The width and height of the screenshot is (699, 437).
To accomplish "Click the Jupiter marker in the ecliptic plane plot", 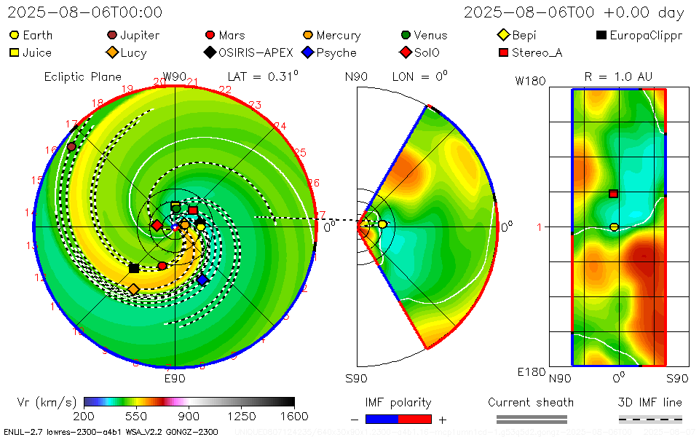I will tap(71, 146).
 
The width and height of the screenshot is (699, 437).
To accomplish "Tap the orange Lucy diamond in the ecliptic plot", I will tap(133, 289).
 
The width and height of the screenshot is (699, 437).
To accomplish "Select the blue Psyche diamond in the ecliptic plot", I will tap(202, 279).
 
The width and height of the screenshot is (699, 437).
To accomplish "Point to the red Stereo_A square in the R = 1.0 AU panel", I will tap(614, 194).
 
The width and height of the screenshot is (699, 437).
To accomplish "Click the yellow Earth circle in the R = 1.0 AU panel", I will tap(614, 227).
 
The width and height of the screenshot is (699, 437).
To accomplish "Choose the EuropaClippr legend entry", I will tap(640, 35).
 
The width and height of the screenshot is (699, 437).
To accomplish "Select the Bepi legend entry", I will tap(518, 35).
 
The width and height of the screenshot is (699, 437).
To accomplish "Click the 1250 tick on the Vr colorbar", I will tap(242, 416).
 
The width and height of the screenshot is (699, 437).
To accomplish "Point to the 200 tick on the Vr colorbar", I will tap(84, 416).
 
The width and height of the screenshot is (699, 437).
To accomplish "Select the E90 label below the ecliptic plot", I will tap(175, 379).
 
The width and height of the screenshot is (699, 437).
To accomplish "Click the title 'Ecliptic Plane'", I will tap(73, 76).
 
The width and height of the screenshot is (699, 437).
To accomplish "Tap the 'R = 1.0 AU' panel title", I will tap(618, 76).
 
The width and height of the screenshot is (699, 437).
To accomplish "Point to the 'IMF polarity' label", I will tap(398, 403).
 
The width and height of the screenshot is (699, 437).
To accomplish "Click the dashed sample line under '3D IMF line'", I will tap(650, 419).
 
